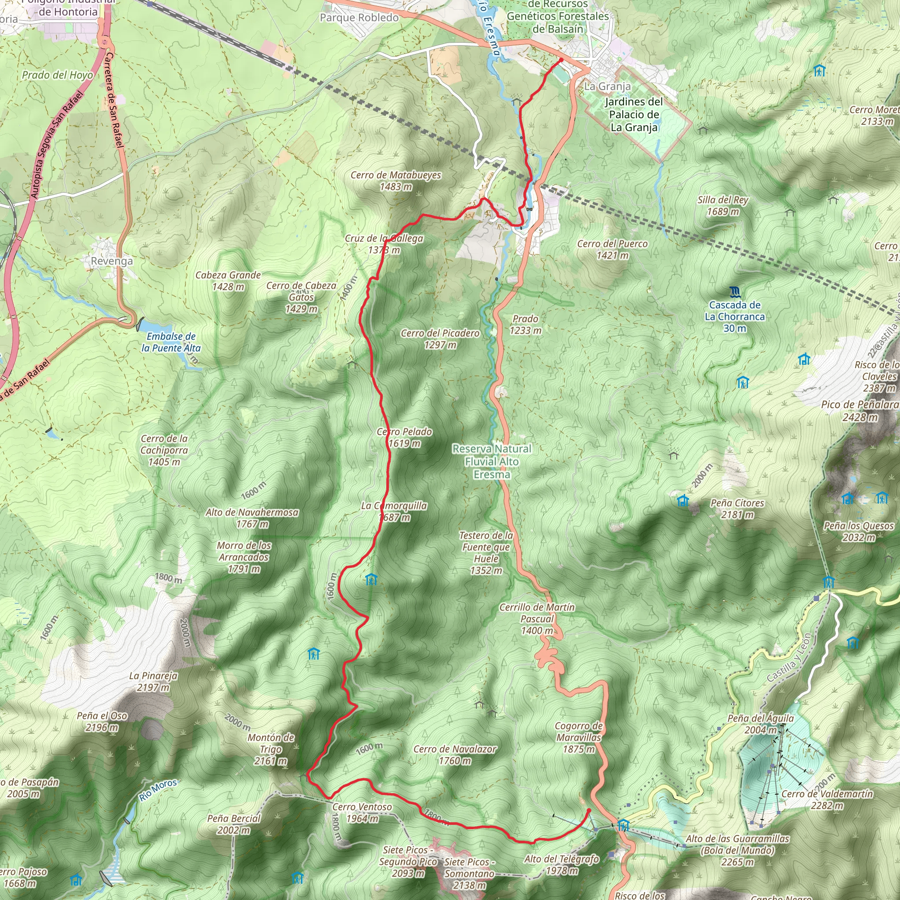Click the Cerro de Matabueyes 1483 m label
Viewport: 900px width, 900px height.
point(396,181)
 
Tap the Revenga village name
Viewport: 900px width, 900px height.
point(112,261)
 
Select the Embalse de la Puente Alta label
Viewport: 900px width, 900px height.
point(171,342)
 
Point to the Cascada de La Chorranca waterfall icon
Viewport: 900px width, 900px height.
point(735,292)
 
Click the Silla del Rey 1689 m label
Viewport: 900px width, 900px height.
point(722,205)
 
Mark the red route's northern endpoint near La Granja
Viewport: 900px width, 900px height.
point(561,60)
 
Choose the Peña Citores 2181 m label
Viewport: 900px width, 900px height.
point(737,509)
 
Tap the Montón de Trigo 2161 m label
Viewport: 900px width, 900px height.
point(271,749)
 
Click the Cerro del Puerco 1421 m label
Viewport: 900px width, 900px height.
point(612,249)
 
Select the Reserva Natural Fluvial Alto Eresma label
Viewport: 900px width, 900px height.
point(492,461)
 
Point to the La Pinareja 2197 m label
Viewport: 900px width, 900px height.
point(153,682)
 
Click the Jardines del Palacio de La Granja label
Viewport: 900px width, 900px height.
point(634,114)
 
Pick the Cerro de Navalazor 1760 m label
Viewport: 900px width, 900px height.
point(455,755)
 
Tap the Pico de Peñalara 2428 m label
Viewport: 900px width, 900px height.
point(860,410)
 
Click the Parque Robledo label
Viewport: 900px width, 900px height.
point(359,18)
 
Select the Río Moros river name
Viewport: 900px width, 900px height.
point(158,790)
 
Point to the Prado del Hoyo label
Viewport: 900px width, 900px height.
point(57,75)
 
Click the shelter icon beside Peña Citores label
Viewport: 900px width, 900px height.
point(682,501)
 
